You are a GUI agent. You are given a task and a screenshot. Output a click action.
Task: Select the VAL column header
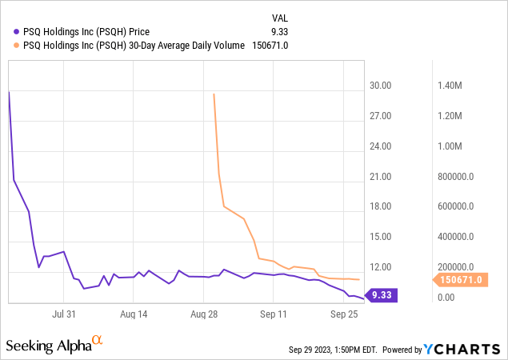[279, 18]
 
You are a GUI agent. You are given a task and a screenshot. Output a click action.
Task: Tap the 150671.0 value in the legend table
[270, 46]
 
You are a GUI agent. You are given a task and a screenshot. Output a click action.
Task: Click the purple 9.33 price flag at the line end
[380, 295]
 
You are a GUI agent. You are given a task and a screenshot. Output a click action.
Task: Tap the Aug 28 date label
[205, 315]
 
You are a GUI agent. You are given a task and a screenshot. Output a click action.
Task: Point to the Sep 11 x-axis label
[274, 315]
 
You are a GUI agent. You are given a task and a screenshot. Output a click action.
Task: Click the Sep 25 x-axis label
[343, 315]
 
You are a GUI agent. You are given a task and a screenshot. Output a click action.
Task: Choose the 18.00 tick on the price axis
[380, 206]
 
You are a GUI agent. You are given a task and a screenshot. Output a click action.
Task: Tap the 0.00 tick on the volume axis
[445, 297]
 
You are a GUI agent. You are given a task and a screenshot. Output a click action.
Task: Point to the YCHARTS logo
[462, 349]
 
